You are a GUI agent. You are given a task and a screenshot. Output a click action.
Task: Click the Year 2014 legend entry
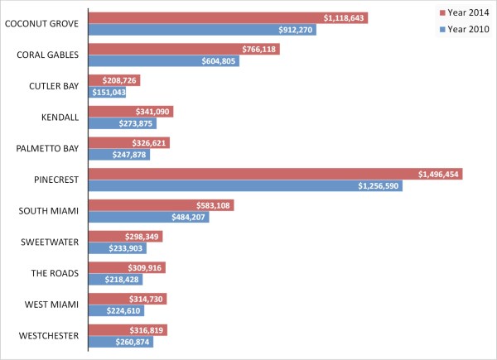[x=465, y=12]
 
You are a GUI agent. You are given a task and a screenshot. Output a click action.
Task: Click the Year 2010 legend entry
[x=465, y=29]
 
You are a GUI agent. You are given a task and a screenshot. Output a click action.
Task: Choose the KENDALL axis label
[x=59, y=118]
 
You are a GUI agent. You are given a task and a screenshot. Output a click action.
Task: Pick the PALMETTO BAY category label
[x=47, y=149]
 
